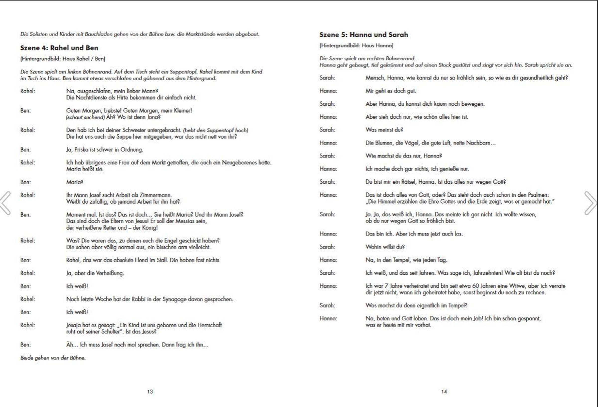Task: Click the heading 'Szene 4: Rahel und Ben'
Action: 59,48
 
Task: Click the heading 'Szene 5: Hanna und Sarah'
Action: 364,35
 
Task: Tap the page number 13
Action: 150,392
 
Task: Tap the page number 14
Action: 444,392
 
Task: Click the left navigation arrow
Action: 6,203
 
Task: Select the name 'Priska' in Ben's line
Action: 81,149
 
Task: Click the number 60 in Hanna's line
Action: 476,286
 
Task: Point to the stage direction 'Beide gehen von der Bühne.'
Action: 53,358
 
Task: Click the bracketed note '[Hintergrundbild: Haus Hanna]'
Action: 356,46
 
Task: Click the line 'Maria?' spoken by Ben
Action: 75,182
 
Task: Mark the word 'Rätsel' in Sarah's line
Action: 408,182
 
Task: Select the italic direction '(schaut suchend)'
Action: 85,117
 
